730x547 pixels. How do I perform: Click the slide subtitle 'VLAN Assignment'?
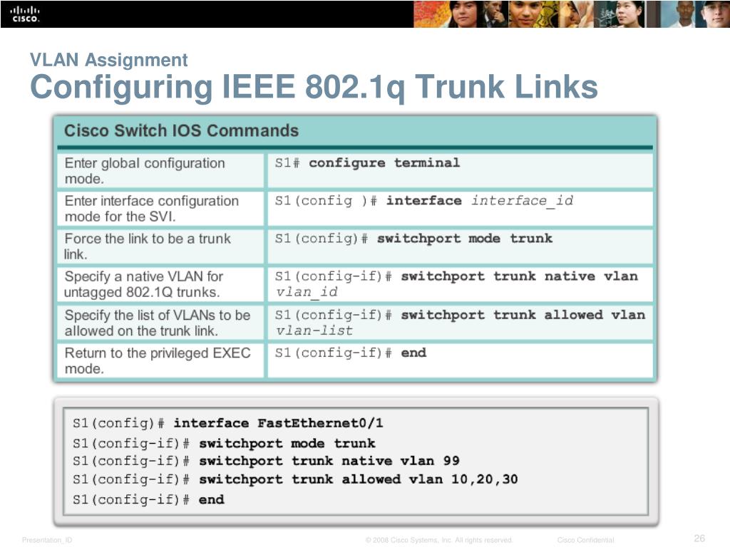click(x=108, y=61)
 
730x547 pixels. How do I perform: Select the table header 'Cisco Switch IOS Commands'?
click(x=181, y=131)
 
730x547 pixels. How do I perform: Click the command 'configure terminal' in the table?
click(x=384, y=163)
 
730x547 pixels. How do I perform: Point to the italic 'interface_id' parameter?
click(x=522, y=201)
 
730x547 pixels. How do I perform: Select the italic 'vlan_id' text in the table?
click(x=307, y=292)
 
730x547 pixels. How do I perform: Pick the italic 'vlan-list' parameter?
click(x=314, y=330)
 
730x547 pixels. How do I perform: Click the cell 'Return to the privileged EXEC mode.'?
click(x=158, y=360)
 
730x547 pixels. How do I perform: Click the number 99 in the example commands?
click(x=451, y=462)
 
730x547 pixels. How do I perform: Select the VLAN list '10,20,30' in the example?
click(x=485, y=479)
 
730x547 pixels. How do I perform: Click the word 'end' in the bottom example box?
click(x=211, y=500)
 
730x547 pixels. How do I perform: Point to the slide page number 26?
click(x=699, y=538)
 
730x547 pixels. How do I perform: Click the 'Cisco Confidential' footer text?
click(x=585, y=540)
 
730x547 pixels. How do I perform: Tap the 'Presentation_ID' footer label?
click(x=47, y=540)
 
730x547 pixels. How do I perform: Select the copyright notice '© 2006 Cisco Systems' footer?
click(x=439, y=540)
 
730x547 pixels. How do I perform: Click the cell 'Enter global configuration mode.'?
click(x=145, y=171)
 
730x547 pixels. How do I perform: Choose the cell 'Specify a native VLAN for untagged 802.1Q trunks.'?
click(x=143, y=284)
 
